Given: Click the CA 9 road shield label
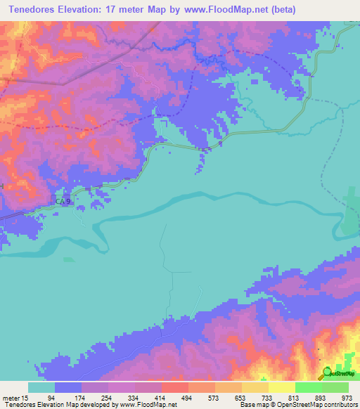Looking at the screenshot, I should tap(63, 202).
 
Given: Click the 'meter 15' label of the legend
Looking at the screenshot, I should tap(15, 396).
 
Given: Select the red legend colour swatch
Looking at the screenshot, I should tap(174, 387).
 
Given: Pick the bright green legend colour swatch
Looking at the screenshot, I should tap(308, 387).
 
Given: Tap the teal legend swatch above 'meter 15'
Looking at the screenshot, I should tap(41, 387).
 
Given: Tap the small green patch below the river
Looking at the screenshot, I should tap(68, 259).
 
